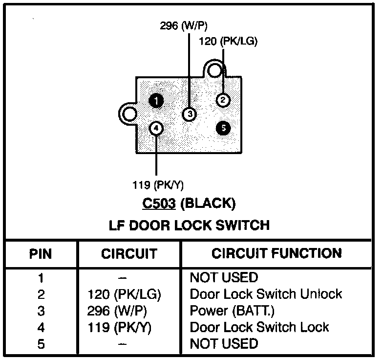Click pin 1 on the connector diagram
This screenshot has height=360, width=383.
tap(156, 101)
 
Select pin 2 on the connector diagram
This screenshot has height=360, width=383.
tap(223, 100)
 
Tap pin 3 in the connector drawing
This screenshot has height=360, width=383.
tap(189, 114)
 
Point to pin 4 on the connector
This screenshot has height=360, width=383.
tap(156, 128)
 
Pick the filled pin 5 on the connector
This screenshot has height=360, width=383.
tap(223, 128)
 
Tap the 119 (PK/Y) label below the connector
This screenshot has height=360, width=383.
tap(158, 185)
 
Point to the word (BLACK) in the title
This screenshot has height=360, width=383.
tap(207, 203)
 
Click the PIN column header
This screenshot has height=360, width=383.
tap(41, 254)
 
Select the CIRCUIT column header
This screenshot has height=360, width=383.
tap(129, 254)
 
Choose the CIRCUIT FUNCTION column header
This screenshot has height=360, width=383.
tap(277, 253)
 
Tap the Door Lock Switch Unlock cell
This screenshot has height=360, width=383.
tap(266, 294)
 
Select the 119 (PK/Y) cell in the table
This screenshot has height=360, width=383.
tap(119, 327)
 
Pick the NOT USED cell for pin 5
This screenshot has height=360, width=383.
tap(223, 343)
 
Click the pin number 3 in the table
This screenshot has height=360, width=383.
tap(41, 311)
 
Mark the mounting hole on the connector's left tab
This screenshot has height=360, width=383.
tap(129, 114)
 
